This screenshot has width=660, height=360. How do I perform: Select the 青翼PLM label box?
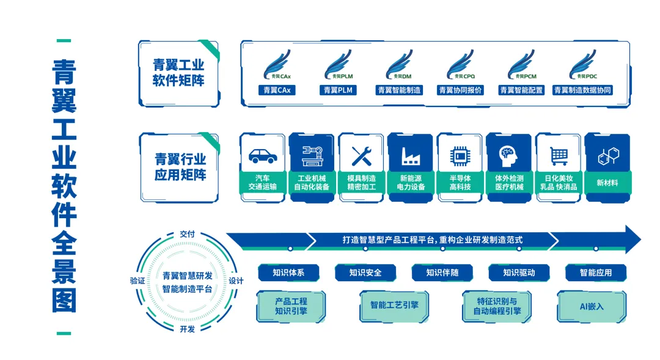click(x=337, y=90)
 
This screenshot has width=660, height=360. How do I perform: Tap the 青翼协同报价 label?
click(x=460, y=90)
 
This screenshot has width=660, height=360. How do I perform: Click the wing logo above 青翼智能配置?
click(x=521, y=65)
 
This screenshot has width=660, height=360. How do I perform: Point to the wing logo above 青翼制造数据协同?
click(x=582, y=65)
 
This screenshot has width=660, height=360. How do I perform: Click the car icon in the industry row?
click(x=263, y=155)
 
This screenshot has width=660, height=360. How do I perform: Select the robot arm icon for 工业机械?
click(x=312, y=155)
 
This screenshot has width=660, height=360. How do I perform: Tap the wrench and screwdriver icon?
click(x=362, y=155)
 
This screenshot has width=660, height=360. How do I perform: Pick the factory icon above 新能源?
click(x=411, y=156)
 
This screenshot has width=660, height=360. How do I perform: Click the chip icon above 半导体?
click(x=460, y=155)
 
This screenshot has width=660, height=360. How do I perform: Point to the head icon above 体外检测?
click(x=509, y=155)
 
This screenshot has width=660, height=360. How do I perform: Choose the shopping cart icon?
click(x=559, y=155)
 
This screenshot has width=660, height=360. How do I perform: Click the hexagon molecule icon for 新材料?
click(x=607, y=155)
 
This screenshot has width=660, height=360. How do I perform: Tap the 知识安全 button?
click(x=365, y=273)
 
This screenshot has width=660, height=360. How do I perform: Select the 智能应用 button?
click(x=595, y=273)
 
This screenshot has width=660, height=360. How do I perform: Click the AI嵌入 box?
click(x=590, y=306)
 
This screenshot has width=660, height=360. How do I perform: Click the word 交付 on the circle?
click(x=187, y=234)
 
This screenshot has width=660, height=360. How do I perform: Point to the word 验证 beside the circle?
click(x=138, y=281)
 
